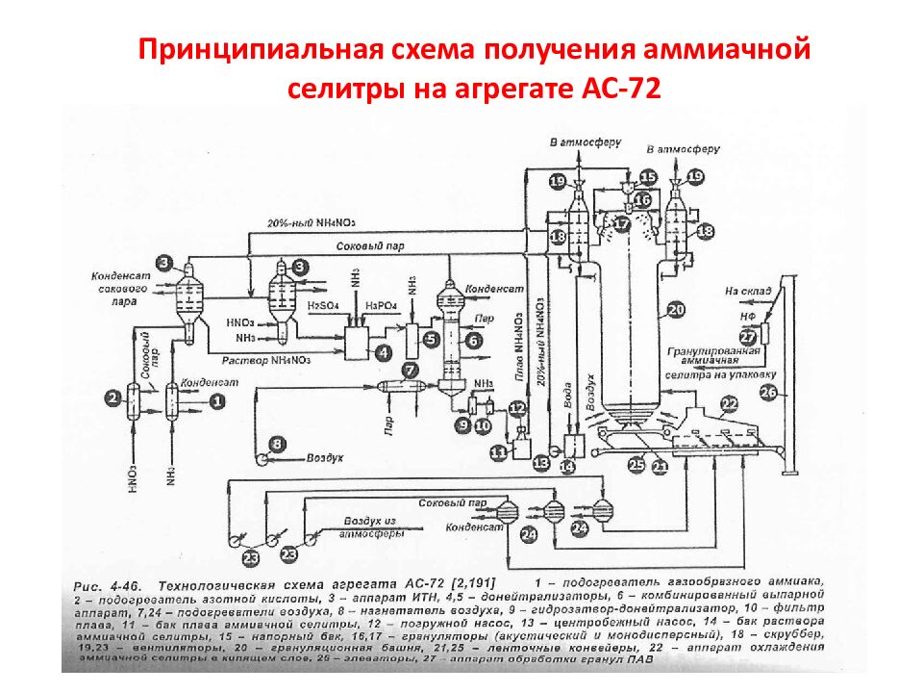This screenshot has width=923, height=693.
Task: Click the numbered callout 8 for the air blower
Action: pyautogui.click(x=278, y=444)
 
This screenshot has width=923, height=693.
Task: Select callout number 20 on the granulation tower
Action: pyautogui.click(x=676, y=310)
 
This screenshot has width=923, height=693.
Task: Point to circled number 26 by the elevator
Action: pyautogui.click(x=767, y=392)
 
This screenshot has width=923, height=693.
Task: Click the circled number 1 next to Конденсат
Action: pyautogui.click(x=217, y=398)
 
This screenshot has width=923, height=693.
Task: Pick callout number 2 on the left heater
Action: pyautogui.click(x=113, y=398)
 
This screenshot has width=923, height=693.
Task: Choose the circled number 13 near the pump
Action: pyautogui.click(x=541, y=464)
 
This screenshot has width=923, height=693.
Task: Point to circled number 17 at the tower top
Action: pyautogui.click(x=623, y=223)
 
